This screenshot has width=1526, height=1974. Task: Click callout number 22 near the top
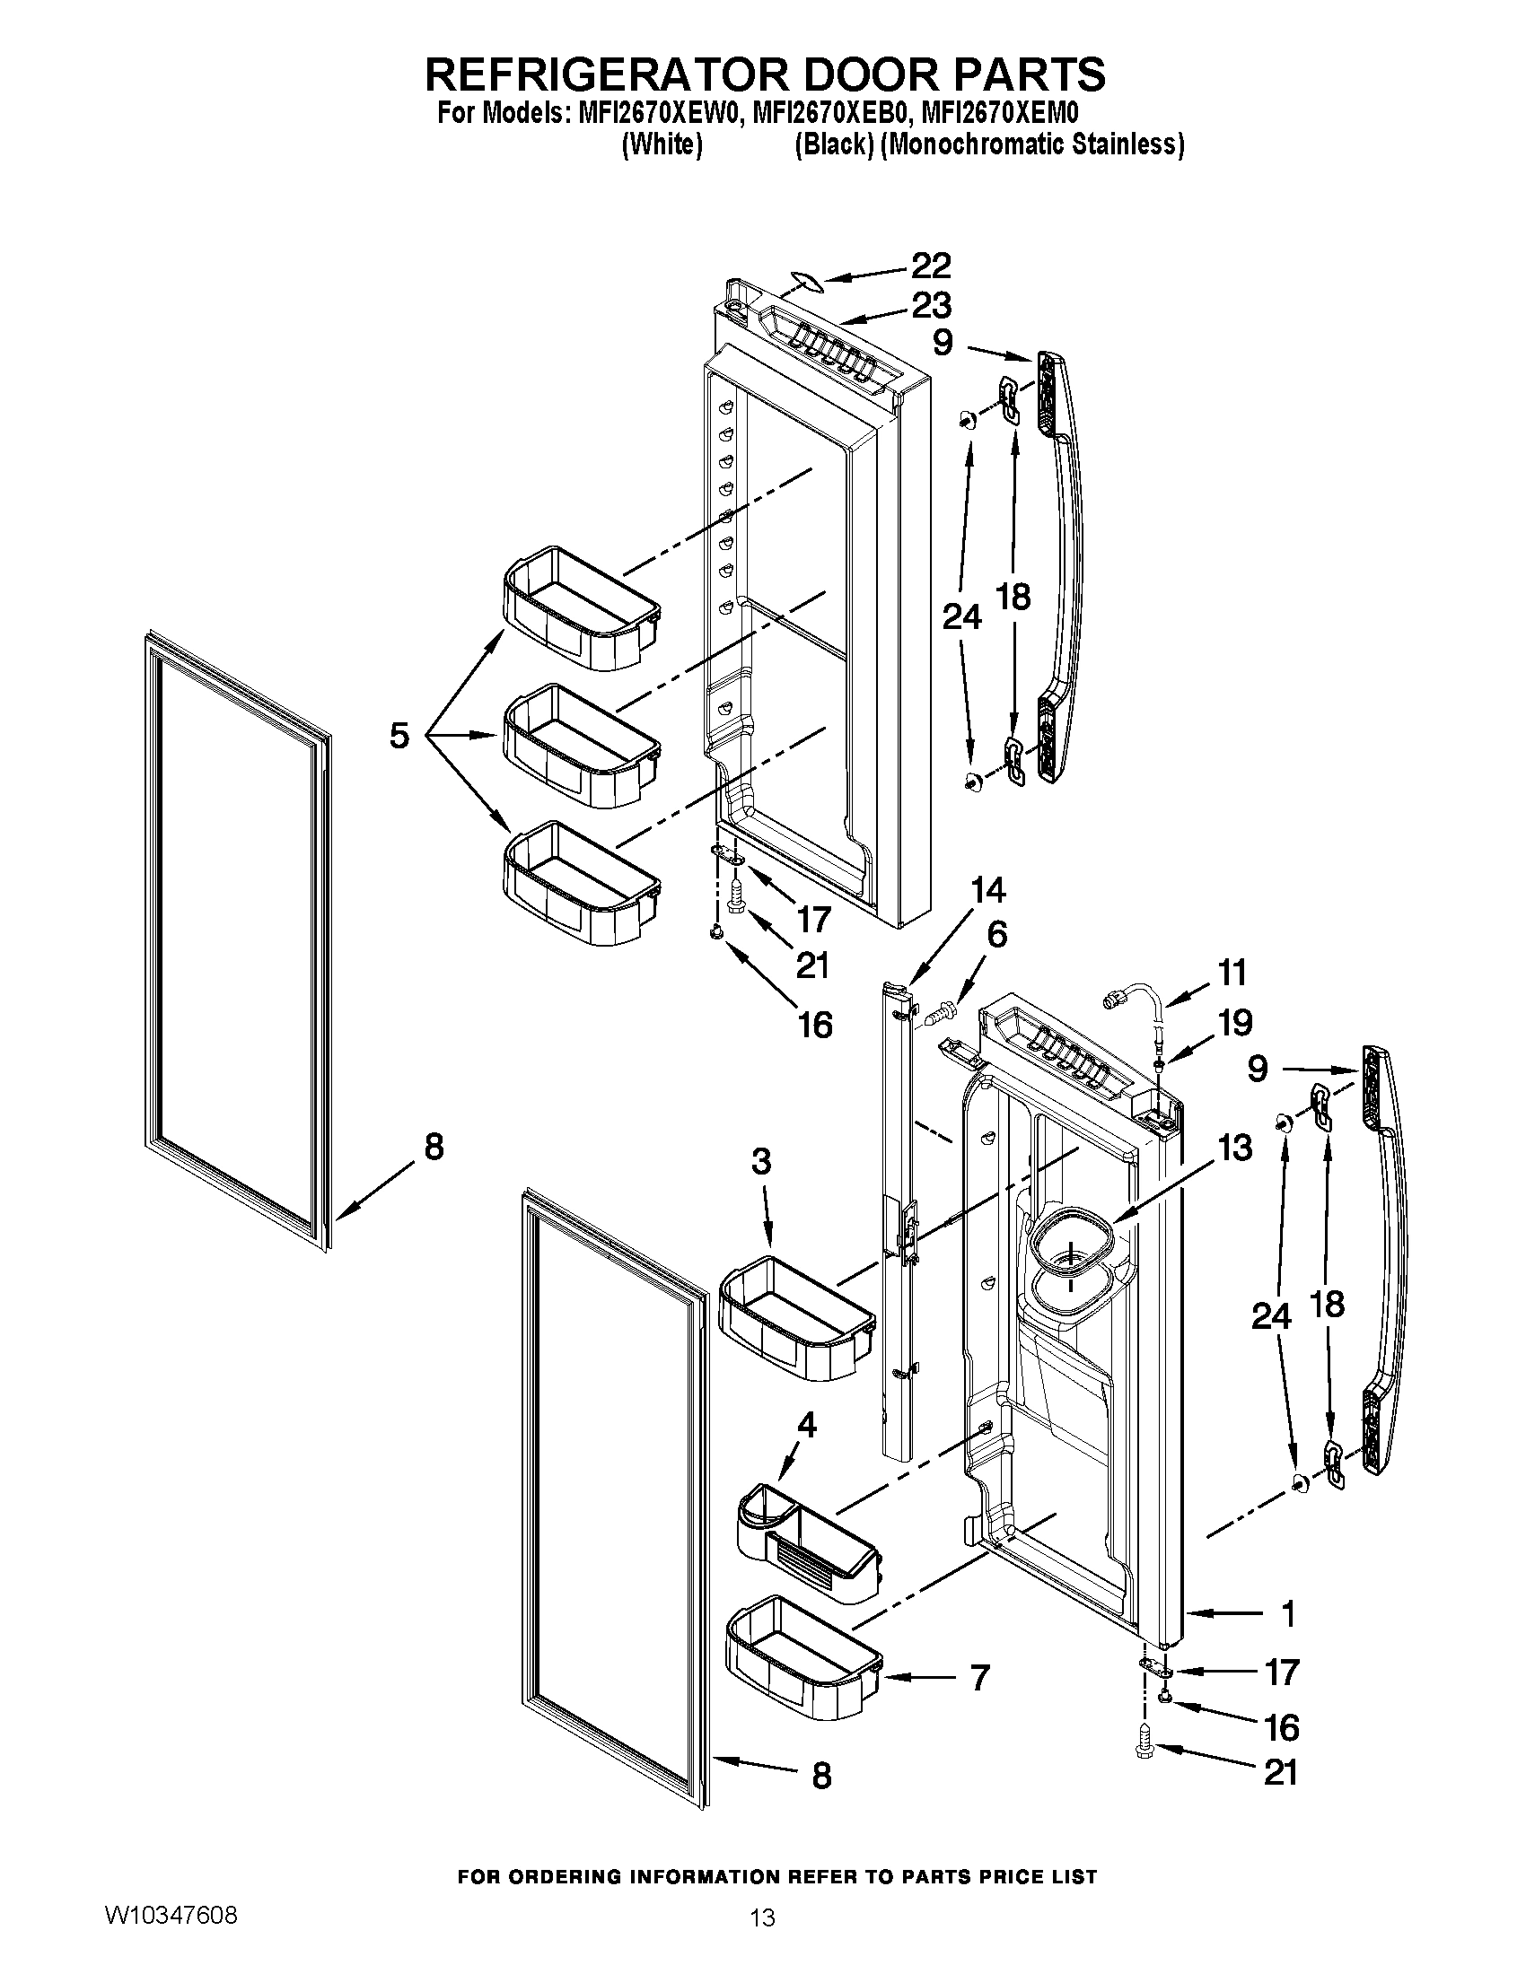(930, 266)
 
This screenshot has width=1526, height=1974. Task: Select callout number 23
(931, 305)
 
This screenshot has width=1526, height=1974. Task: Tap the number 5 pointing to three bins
(399, 735)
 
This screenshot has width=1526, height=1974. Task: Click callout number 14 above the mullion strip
(987, 890)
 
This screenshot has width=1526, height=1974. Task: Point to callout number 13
(1234, 1148)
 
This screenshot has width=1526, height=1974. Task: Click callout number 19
(1235, 1023)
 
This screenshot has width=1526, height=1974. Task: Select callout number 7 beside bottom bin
(979, 1678)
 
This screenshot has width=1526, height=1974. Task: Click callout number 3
(761, 1161)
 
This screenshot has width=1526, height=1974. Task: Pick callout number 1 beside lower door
(1288, 1613)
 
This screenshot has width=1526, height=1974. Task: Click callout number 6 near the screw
(996, 935)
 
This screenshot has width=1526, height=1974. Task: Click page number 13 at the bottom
(763, 1917)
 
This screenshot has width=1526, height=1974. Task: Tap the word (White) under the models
(662, 144)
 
